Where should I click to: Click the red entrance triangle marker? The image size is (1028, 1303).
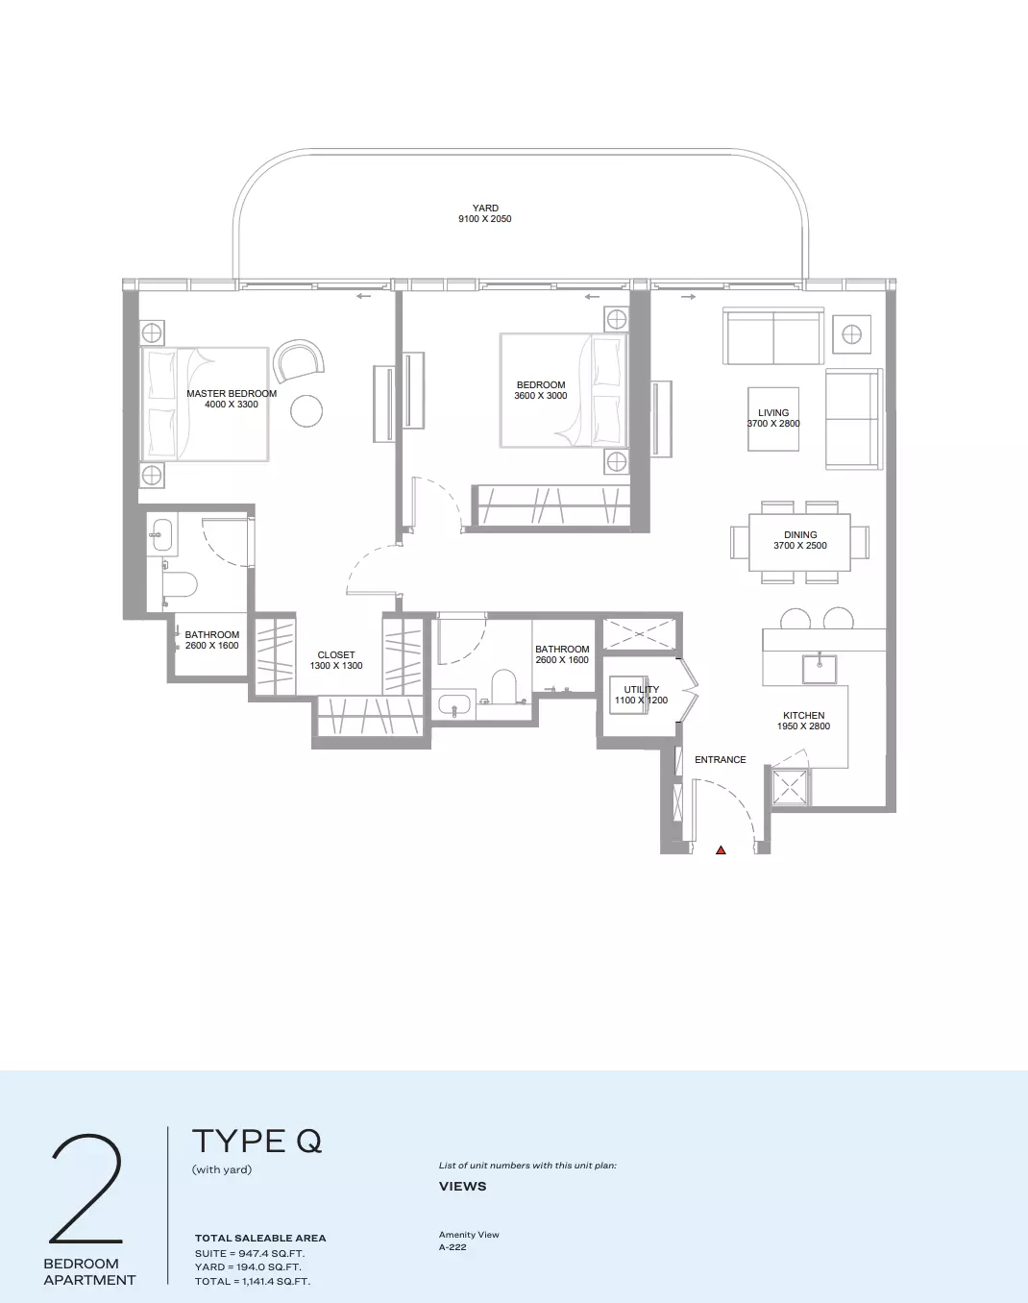721,850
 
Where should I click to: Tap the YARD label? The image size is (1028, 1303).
485,208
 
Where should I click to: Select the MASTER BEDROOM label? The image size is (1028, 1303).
232,394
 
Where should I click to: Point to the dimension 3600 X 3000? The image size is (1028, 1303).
541,396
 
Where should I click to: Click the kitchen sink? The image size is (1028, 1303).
820,669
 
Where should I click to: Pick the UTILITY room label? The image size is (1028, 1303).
642,690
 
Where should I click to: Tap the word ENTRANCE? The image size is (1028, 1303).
720,760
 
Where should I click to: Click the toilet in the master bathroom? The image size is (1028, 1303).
180,584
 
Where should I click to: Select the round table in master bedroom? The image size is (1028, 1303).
306,411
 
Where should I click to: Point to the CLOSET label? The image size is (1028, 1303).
336,655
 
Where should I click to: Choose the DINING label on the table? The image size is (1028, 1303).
800,534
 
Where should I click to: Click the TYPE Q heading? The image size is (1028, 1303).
257,1142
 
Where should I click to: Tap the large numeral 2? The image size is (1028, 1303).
86,1189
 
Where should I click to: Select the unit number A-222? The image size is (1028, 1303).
453,1247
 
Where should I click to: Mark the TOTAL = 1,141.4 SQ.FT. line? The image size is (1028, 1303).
253,1281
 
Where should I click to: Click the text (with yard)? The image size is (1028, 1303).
222,1169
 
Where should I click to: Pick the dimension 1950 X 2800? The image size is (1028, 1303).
803,726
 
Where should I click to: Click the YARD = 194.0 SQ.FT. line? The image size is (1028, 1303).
248,1266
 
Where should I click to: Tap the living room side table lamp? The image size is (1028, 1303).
852,334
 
